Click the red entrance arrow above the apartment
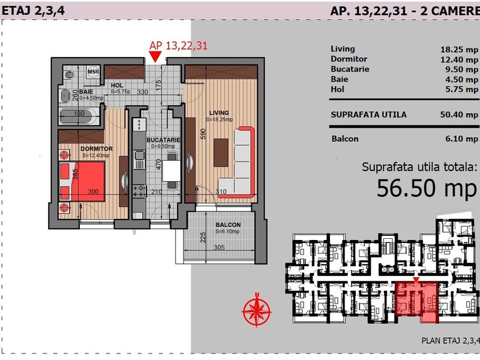[155, 56]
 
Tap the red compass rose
[257, 310]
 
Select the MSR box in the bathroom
[93, 72]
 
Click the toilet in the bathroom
[69, 74]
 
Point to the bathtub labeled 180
[79, 116]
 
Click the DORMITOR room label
[97, 149]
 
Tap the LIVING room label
[219, 113]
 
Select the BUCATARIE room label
[163, 140]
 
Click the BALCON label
[228, 224]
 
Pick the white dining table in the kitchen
[172, 171]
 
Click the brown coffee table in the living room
[221, 152]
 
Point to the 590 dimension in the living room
[203, 134]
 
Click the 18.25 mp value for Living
[459, 50]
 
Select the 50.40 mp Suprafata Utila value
[459, 115]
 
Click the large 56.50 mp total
[427, 188]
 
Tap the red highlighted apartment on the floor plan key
[416, 302]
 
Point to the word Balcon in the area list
[344, 139]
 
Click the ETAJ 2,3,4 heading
[33, 11]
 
